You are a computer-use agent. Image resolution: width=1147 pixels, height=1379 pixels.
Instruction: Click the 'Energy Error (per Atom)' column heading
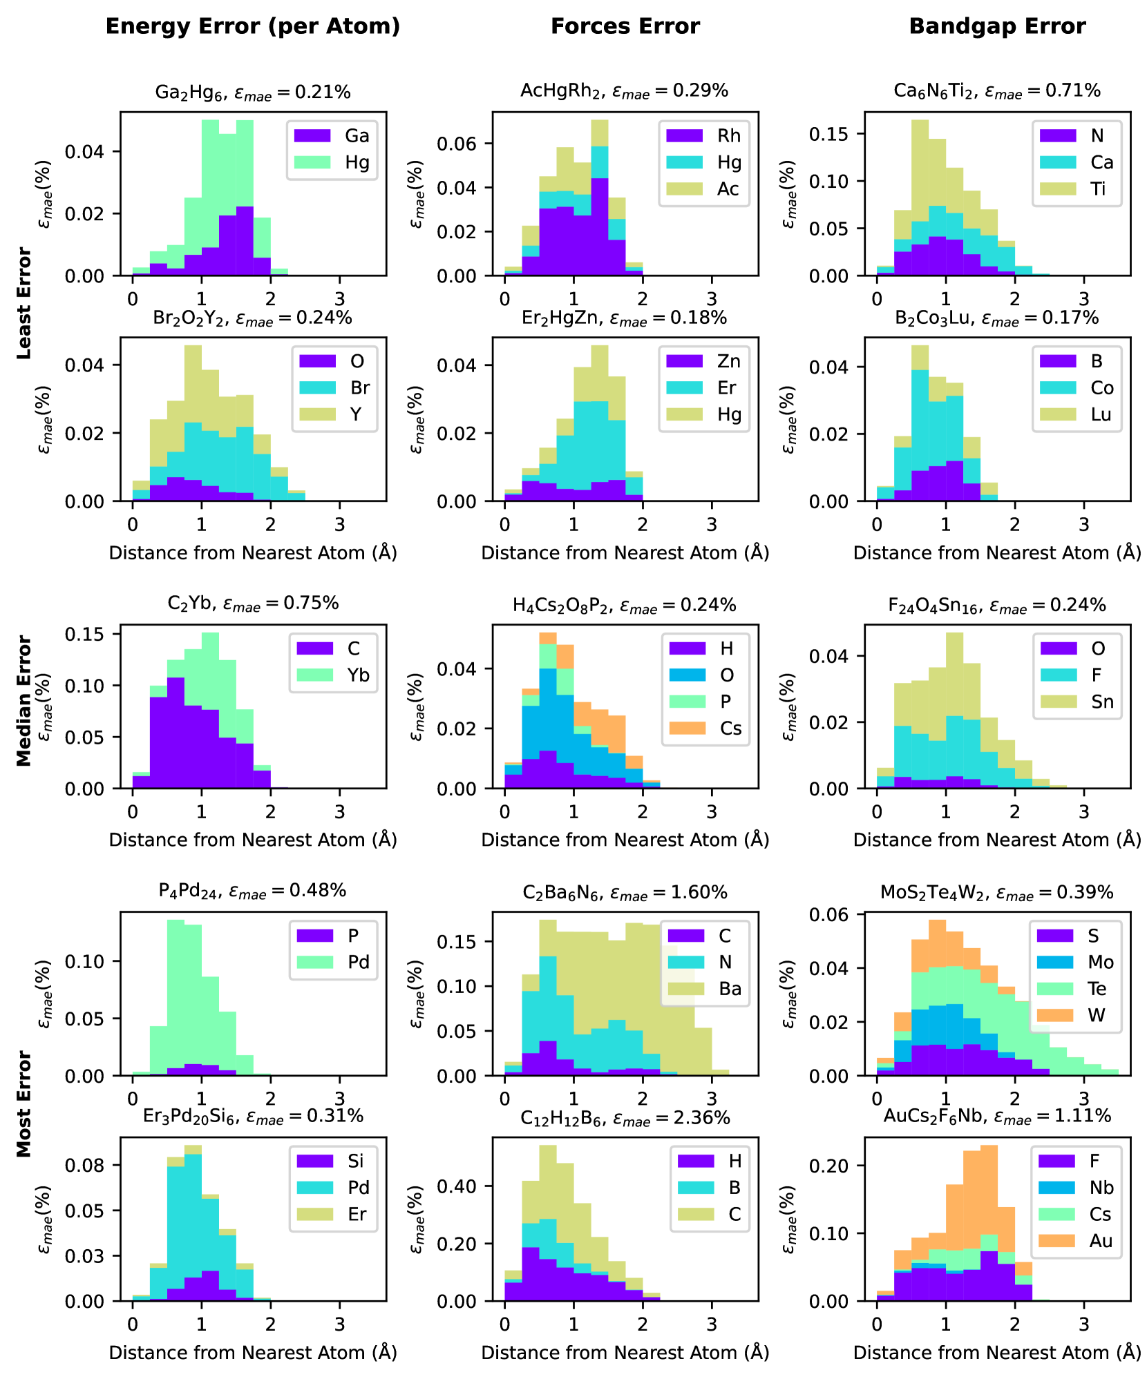click(x=253, y=26)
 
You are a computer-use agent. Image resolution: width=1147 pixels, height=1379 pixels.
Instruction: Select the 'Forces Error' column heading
click(x=625, y=26)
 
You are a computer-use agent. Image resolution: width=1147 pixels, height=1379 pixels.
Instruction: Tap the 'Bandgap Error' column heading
click(x=997, y=26)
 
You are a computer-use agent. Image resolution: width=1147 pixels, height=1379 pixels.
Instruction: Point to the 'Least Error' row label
click(x=25, y=303)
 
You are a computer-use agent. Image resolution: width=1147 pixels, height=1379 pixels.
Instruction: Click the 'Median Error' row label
click(x=25, y=700)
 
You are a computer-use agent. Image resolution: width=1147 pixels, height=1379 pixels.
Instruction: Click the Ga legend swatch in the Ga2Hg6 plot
click(x=312, y=136)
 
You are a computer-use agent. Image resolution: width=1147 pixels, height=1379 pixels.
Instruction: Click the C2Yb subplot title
click(x=253, y=604)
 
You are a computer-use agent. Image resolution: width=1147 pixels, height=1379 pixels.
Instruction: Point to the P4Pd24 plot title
click(x=252, y=891)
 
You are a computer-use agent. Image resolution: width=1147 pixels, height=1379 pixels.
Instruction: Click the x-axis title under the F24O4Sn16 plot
click(x=997, y=840)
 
